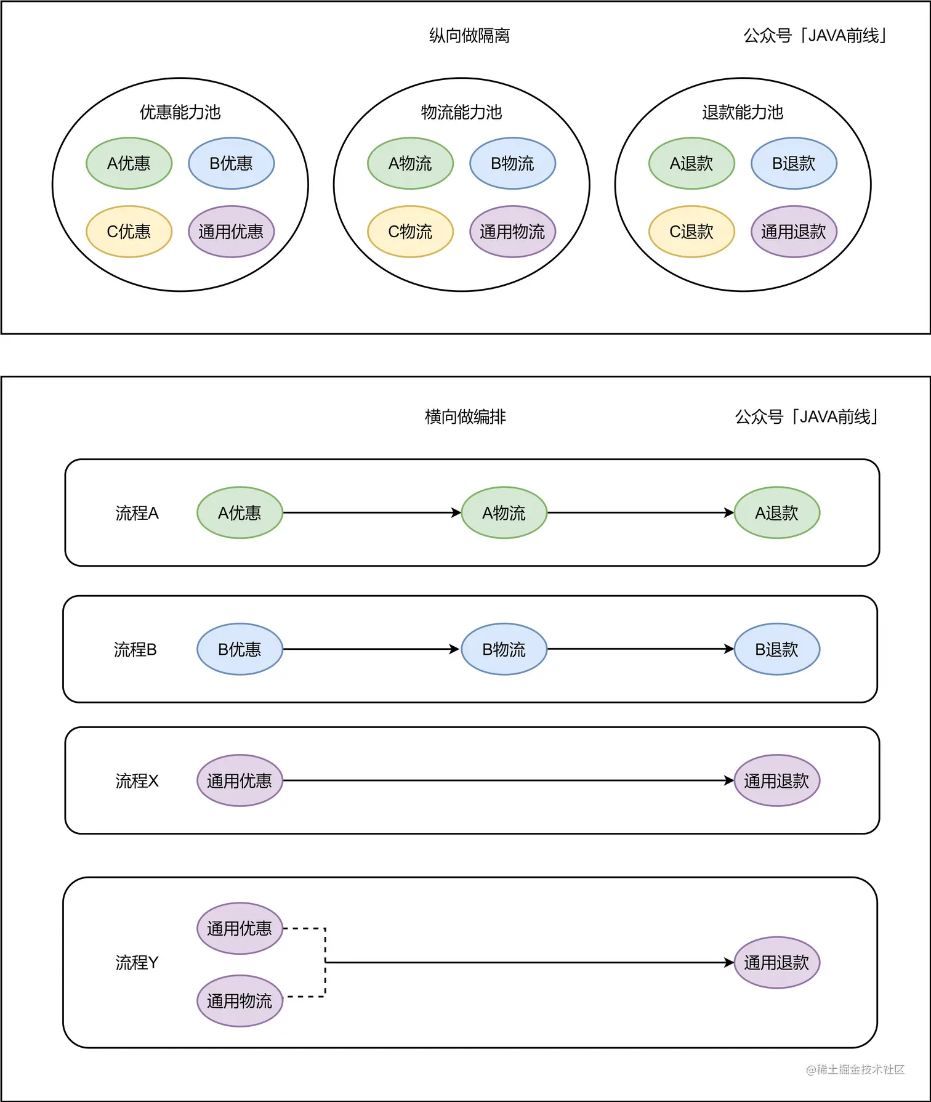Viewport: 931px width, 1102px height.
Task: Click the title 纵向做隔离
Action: click(469, 36)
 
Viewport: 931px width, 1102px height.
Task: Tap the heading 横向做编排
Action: click(465, 417)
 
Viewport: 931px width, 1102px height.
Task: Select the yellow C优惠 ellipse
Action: click(129, 232)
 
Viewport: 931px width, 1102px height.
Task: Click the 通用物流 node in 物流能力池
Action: click(512, 232)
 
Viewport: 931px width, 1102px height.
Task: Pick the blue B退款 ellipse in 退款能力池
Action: click(794, 163)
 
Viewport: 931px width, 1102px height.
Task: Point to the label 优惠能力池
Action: click(180, 112)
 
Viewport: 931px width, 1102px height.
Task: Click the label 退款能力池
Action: click(743, 112)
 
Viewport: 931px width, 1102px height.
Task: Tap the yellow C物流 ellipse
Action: click(410, 232)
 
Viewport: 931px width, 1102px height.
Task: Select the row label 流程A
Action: click(137, 513)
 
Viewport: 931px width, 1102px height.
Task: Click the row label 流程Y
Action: click(137, 963)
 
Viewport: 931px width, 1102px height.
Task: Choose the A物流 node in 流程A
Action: click(504, 513)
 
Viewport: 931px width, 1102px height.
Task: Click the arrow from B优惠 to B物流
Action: click(369, 649)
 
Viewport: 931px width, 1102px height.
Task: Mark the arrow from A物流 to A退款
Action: click(640, 513)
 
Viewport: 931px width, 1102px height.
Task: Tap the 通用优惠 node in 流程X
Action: click(240, 781)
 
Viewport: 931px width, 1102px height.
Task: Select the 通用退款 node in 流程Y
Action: click(776, 963)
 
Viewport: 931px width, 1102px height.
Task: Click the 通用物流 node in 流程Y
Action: click(240, 1001)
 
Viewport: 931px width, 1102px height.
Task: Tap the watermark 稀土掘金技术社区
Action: click(856, 1070)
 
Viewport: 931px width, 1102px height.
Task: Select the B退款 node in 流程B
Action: click(776, 649)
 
